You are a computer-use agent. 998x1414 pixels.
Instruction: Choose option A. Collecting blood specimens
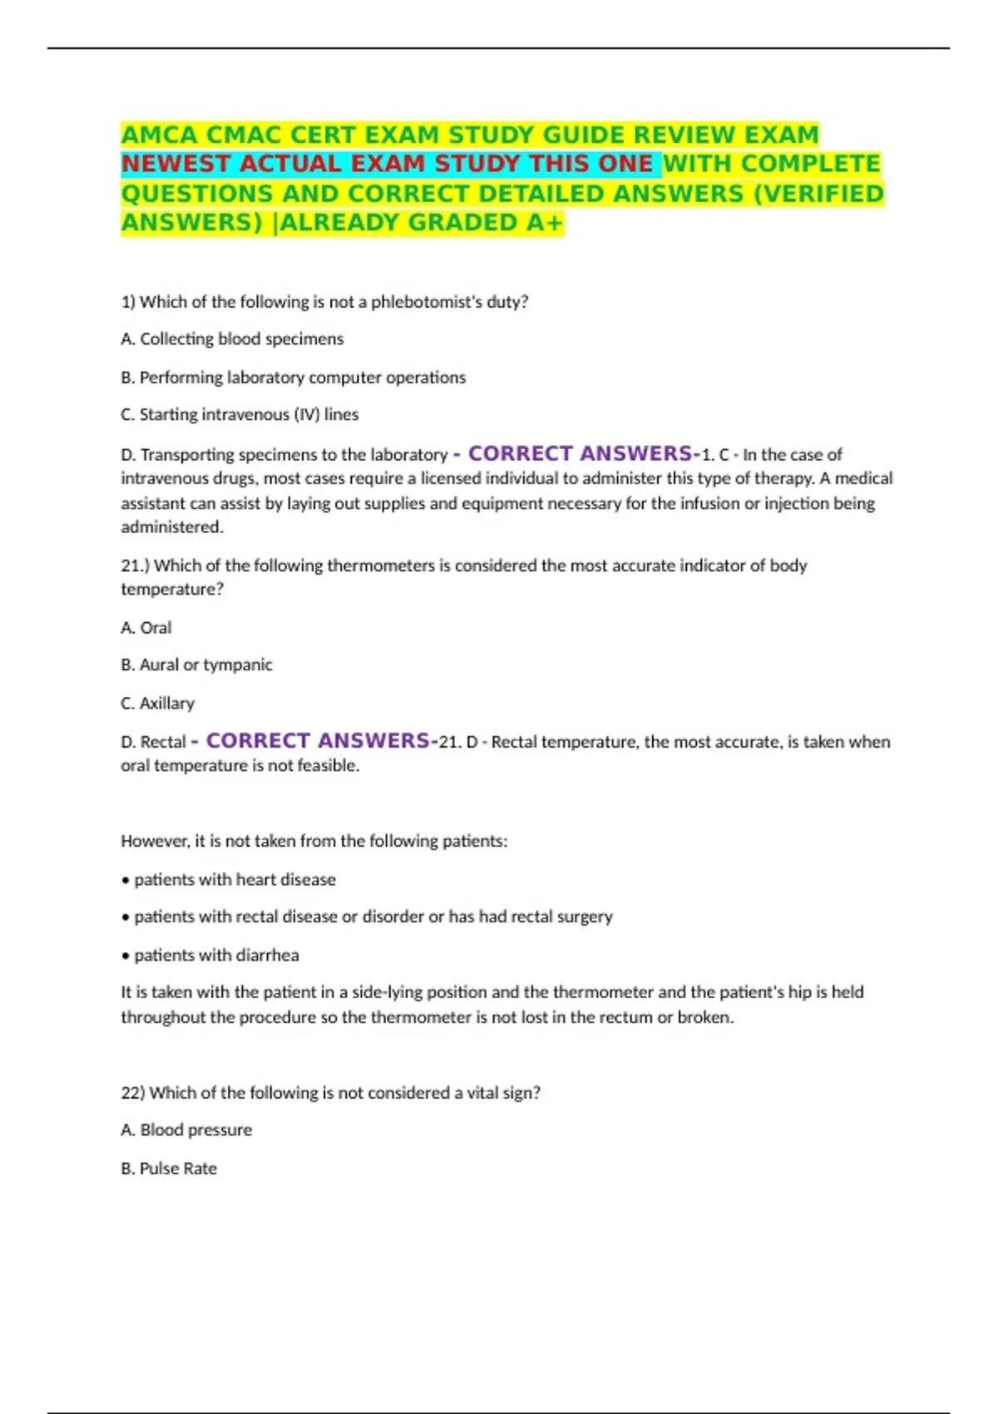[x=232, y=339]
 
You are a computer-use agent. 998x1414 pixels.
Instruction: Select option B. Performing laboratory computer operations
[x=293, y=378]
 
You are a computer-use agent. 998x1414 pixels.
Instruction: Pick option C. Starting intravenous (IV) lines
[x=240, y=414]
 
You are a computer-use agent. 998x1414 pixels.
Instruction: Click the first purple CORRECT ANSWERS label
[x=579, y=453]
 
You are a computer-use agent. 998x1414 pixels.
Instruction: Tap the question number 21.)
[x=135, y=566]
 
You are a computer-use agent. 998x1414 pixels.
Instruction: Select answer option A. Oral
[x=146, y=628]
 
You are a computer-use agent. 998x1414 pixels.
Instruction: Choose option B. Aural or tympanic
[x=196, y=665]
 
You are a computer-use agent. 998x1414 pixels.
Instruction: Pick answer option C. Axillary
[x=157, y=704]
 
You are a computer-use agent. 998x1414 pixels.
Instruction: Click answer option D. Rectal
[x=153, y=742]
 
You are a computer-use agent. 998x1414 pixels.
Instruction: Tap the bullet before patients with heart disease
[x=126, y=880]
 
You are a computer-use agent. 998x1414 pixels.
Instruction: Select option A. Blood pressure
[x=186, y=1130]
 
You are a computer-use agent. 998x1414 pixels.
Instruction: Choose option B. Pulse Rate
[x=169, y=1169]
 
